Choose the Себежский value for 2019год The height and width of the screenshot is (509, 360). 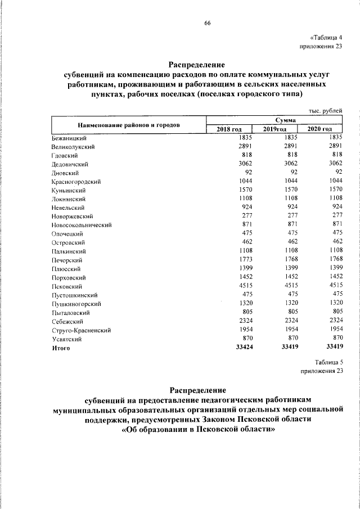289,321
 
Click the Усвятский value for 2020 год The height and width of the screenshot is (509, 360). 336,339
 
